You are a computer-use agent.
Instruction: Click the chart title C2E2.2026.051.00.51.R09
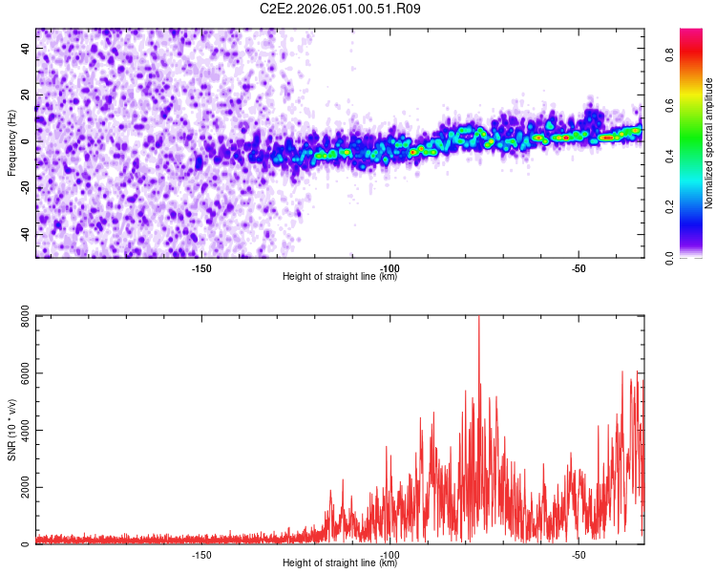pyautogui.click(x=340, y=9)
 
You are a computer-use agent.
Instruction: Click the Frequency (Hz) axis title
pyautogui.click(x=11, y=142)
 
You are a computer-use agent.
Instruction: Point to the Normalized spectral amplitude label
pyautogui.click(x=709, y=143)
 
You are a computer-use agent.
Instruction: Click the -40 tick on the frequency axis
pyautogui.click(x=24, y=234)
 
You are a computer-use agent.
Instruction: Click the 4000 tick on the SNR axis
pyautogui.click(x=19, y=430)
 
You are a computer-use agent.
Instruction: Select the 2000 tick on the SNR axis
pyautogui.click(x=19, y=487)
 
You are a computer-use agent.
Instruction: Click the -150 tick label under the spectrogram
pyautogui.click(x=201, y=268)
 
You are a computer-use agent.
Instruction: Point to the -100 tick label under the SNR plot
pyautogui.click(x=390, y=555)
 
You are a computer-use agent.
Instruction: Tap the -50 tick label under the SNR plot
pyautogui.click(x=578, y=555)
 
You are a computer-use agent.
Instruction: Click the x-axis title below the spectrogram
pyautogui.click(x=340, y=277)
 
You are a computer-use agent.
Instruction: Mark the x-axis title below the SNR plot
pyautogui.click(x=340, y=563)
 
